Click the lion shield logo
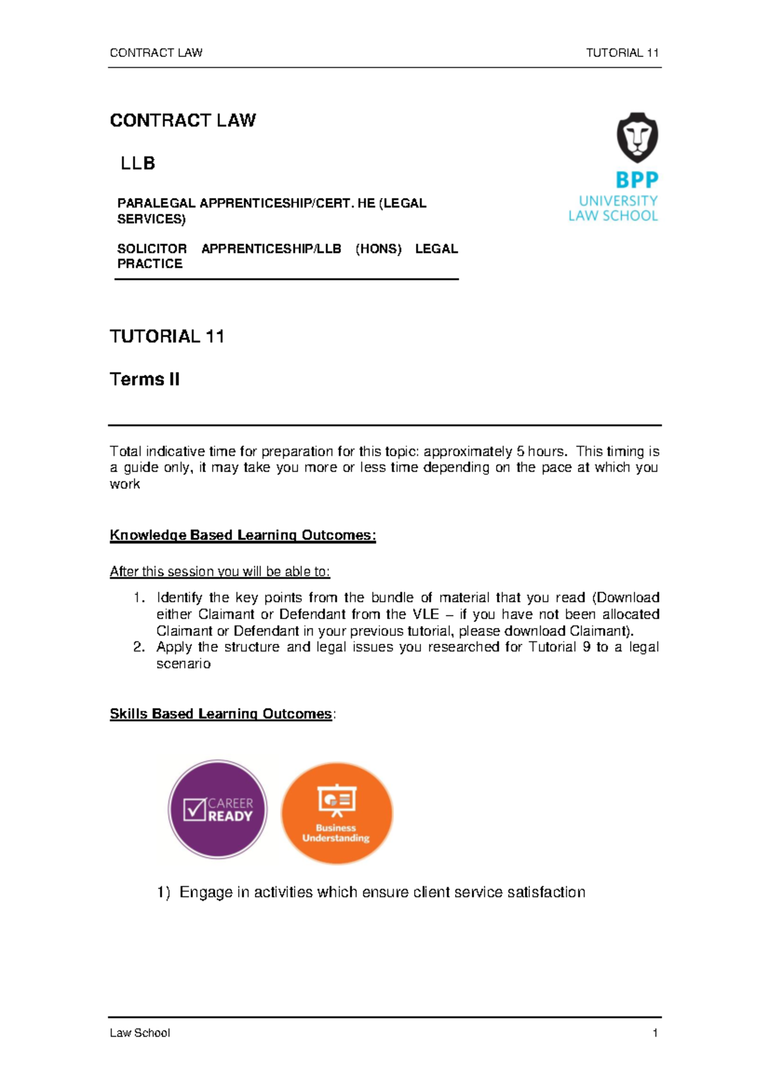[x=637, y=137]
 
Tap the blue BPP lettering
[x=636, y=180]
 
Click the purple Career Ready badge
[x=217, y=809]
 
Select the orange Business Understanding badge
[x=336, y=812]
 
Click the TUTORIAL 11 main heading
[x=167, y=336]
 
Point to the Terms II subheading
[x=144, y=379]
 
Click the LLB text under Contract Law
[x=138, y=163]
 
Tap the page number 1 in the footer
[x=655, y=1033]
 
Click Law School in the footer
[x=140, y=1033]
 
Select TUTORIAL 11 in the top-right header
[x=622, y=53]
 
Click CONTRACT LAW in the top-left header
[x=156, y=53]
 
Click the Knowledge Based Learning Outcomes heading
[x=242, y=535]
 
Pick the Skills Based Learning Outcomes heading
[x=220, y=714]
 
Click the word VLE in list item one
[x=426, y=614]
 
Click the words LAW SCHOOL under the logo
[x=613, y=216]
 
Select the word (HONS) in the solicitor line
[x=378, y=249]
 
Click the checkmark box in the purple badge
[x=194, y=809]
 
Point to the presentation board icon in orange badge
[x=336, y=800]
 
